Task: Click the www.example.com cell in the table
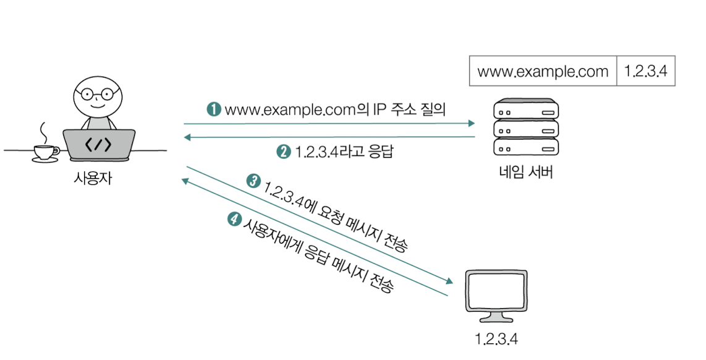pos(543,71)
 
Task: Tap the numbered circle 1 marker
pos(214,109)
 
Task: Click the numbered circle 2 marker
pos(284,152)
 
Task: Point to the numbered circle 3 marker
pos(253,181)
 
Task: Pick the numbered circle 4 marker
pos(234,218)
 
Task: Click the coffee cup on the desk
pos(46,152)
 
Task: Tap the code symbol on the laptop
pos(98,145)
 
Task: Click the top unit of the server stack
pos(525,111)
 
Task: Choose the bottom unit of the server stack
pos(525,147)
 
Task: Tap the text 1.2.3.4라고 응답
pos(344,152)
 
